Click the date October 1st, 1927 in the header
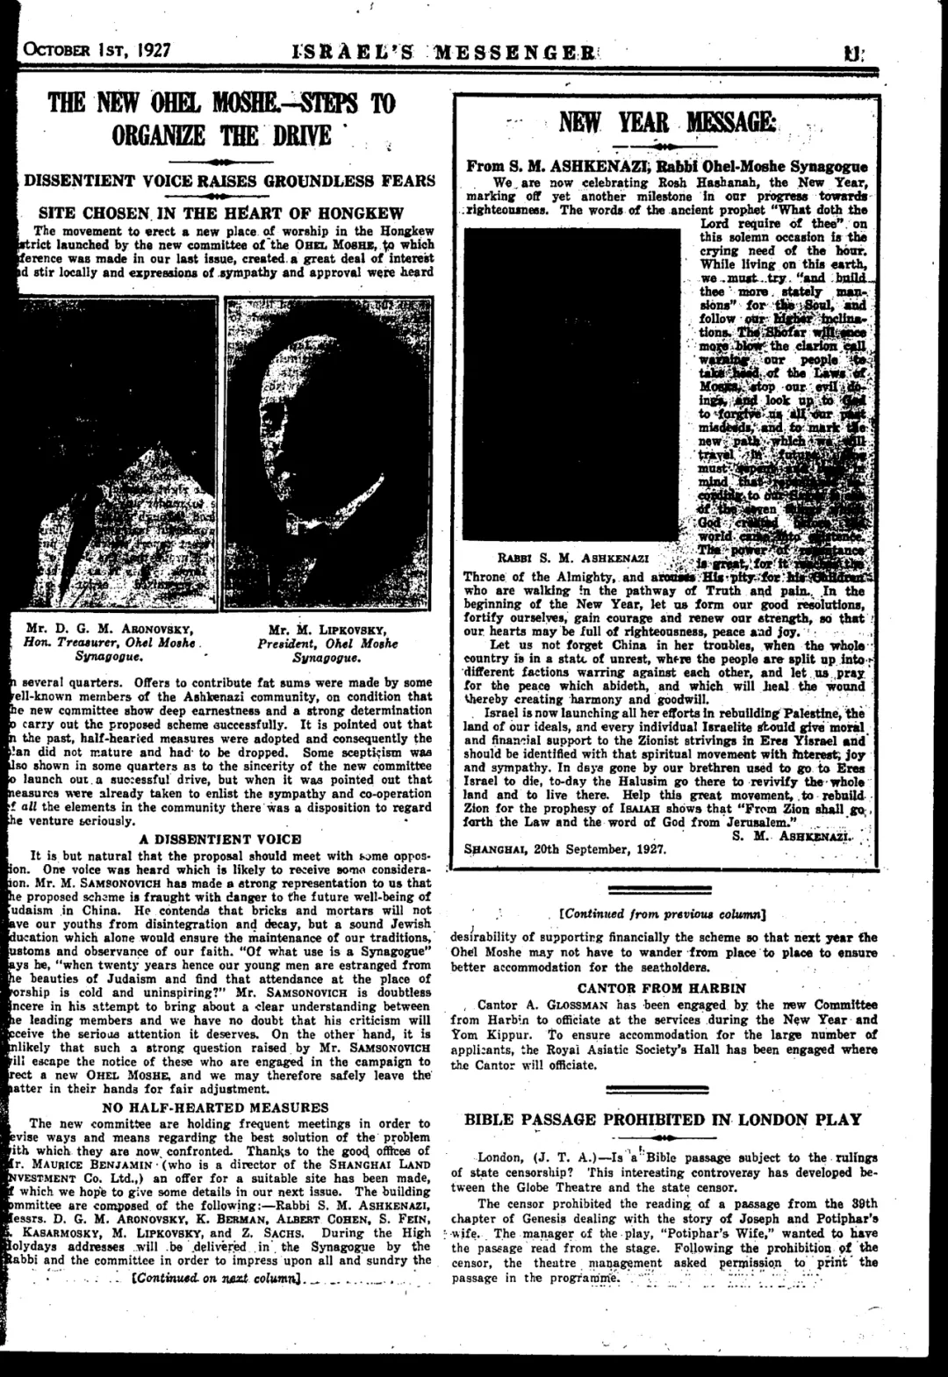tap(97, 49)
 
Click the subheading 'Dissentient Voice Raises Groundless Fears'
tap(229, 181)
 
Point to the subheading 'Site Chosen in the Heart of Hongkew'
tap(221, 213)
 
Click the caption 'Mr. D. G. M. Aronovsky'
tap(110, 629)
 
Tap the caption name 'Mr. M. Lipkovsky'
tap(327, 629)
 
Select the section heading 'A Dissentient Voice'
tap(220, 839)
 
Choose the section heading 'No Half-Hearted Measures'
tap(215, 1107)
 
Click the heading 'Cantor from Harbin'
tap(662, 988)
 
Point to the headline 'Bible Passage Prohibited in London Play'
tap(663, 1120)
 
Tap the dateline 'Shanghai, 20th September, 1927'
tap(564, 849)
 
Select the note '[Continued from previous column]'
tap(663, 914)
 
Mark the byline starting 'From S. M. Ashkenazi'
tap(666, 167)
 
